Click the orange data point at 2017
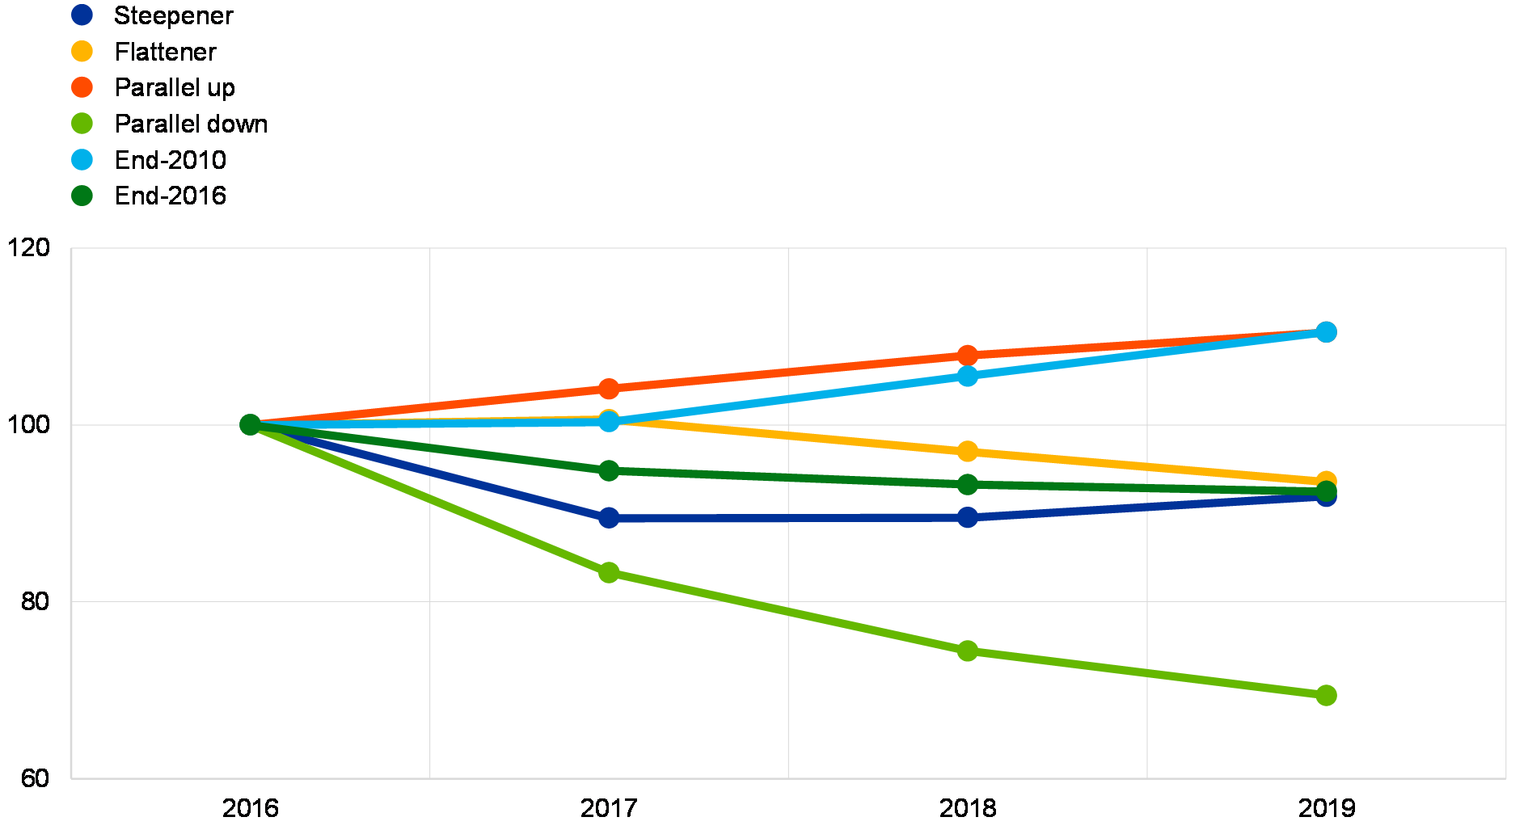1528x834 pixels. tap(609, 389)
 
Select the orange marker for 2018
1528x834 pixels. tap(968, 355)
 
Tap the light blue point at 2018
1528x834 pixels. tap(968, 376)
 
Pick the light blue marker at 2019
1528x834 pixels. tap(1326, 332)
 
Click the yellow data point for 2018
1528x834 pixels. tap(968, 451)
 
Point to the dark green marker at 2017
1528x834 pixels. tap(609, 470)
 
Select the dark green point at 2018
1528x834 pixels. tap(968, 484)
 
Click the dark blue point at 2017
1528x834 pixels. tap(609, 517)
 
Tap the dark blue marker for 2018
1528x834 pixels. tap(968, 517)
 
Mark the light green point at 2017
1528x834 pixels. tap(609, 572)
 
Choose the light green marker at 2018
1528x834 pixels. tap(968, 651)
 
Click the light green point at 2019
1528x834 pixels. tap(1326, 695)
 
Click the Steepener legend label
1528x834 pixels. tap(174, 15)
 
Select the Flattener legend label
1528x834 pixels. tap(174, 52)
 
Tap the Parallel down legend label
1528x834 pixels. tap(194, 124)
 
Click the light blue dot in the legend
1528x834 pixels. tap(82, 160)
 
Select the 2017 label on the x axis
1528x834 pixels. tap(609, 807)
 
